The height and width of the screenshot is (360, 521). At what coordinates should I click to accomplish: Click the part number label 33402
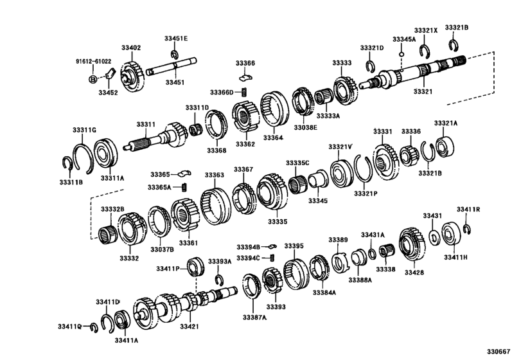point(130,48)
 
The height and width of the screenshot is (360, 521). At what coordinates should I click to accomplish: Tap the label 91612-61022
point(94,62)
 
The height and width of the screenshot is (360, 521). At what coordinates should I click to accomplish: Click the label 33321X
point(425,30)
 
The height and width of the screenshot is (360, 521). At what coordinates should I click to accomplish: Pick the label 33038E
point(306,127)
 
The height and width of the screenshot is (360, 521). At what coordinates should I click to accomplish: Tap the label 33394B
point(247,247)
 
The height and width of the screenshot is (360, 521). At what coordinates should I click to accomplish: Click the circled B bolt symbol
point(93,78)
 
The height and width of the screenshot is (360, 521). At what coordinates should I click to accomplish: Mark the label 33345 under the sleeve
point(317,201)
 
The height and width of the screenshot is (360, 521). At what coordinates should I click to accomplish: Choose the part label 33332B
point(112,210)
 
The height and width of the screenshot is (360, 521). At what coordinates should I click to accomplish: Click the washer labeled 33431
point(434,237)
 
